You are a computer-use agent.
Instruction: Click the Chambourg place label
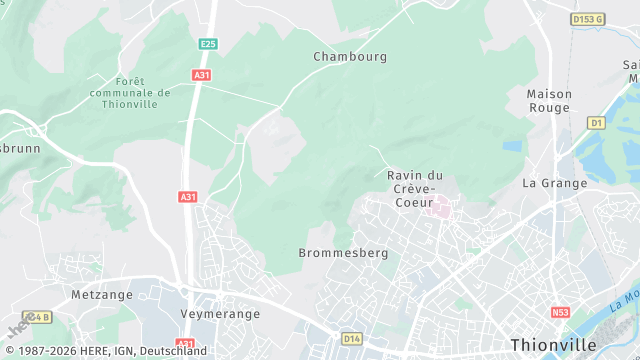coord(350,57)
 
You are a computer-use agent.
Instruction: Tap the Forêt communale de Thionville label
coord(129,93)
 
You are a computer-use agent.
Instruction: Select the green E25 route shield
coord(208,44)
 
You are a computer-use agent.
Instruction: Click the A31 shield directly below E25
coord(203,75)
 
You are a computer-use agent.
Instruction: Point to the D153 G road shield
coord(588,19)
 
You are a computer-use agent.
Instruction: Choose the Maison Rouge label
coord(549,101)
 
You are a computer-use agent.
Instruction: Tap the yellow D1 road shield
coord(597,123)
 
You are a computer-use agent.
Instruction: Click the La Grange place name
coord(552,183)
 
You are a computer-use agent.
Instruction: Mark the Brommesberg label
coord(343,253)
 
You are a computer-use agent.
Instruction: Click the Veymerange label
coord(220,313)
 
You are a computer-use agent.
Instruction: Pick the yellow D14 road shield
coord(352,339)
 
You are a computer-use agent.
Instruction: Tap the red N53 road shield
coord(560,313)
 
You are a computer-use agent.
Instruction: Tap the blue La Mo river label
coord(625,298)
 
